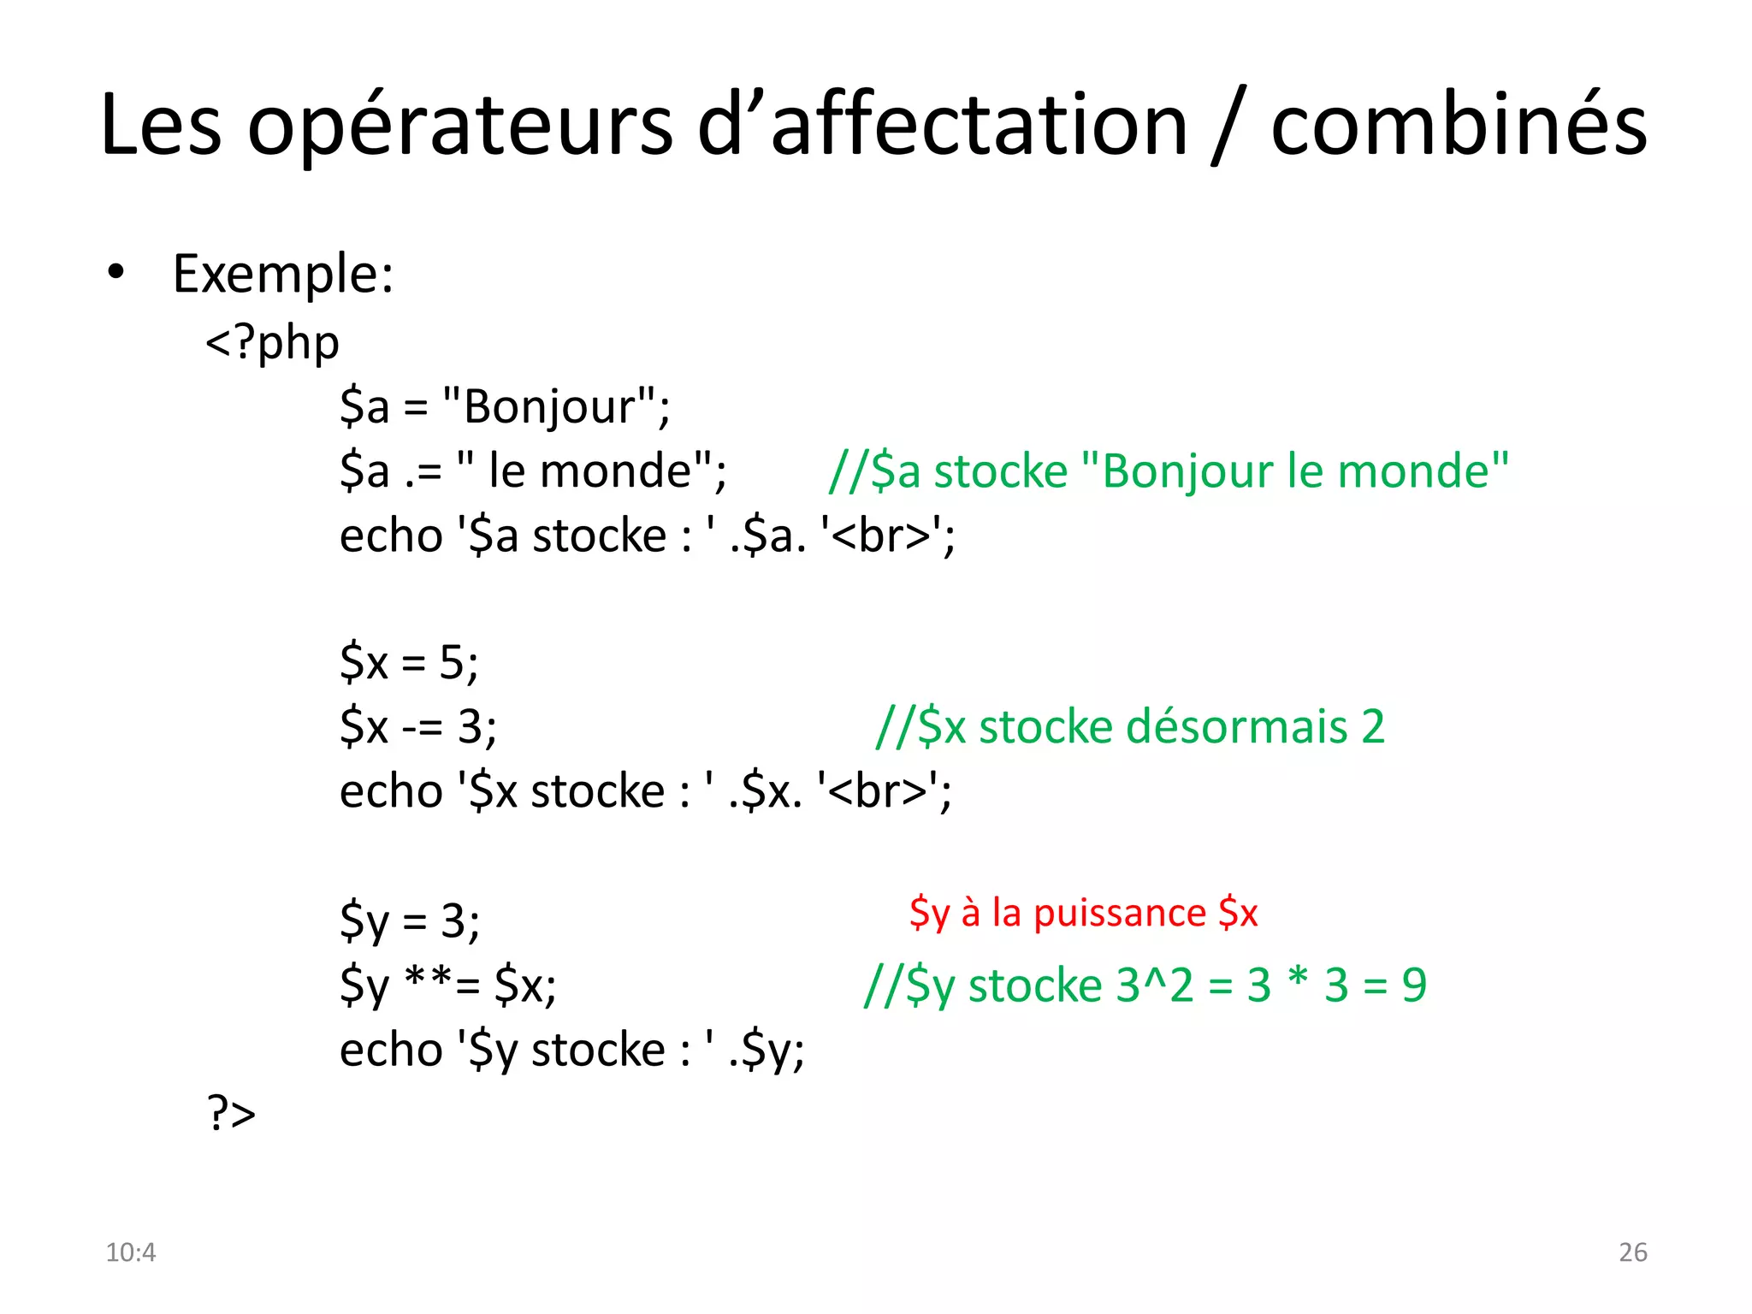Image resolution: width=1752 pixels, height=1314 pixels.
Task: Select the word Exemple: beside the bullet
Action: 283,275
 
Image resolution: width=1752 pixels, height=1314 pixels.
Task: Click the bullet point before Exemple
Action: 115,273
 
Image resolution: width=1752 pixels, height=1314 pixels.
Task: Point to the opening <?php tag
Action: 272,342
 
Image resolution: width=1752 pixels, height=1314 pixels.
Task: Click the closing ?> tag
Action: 231,1113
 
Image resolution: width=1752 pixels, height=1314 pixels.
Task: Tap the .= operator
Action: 423,471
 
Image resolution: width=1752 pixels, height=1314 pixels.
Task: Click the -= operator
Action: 423,727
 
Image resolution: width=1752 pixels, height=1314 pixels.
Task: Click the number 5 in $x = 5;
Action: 452,662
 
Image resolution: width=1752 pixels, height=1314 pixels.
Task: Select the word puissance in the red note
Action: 1120,913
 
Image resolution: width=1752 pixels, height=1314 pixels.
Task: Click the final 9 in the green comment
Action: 1414,985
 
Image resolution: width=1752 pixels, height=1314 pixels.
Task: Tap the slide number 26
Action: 1632,1252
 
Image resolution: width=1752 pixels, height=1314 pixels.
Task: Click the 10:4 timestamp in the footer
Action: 130,1252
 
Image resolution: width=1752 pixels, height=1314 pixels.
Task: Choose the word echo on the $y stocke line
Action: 391,1050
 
